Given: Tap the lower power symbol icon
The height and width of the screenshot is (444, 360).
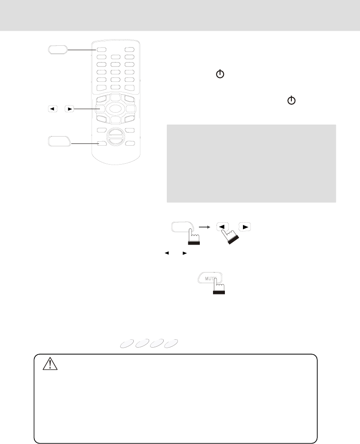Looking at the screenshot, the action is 291,101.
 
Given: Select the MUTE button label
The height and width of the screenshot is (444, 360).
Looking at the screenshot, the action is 209,278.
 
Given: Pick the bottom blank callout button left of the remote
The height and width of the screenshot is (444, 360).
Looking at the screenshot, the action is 59,142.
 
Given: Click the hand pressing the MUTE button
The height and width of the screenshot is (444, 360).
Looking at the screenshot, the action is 218,288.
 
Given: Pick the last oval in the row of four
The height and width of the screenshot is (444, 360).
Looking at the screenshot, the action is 172,344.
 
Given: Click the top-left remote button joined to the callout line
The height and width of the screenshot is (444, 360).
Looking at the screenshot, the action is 101,50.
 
